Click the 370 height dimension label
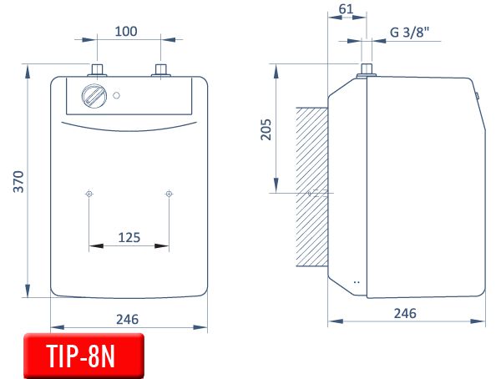(19, 181)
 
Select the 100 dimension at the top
(126, 32)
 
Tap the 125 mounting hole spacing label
(129, 237)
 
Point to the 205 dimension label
(266, 129)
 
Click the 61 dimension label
(346, 9)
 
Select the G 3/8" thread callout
(410, 32)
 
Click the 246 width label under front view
(127, 319)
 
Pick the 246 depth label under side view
(405, 313)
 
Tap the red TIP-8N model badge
(83, 356)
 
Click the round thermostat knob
(94, 96)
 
